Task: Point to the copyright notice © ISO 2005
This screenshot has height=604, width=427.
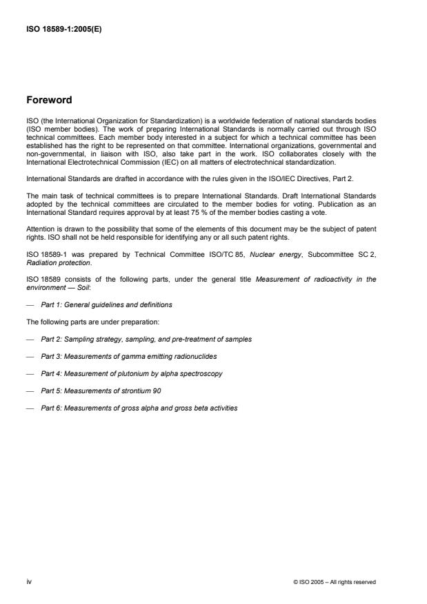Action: click(x=335, y=581)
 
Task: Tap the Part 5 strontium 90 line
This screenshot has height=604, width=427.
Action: click(x=112, y=390)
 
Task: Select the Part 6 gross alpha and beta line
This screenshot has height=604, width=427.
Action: click(x=139, y=408)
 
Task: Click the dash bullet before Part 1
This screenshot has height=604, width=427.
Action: click(x=29, y=304)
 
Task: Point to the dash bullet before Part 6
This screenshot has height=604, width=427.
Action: click(x=29, y=408)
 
